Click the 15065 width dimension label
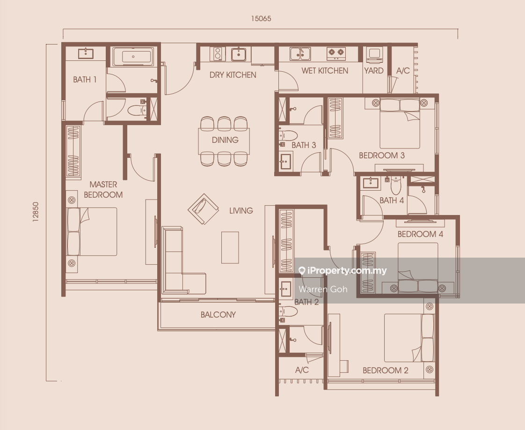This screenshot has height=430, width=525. tap(261, 18)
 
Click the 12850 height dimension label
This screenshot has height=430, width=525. tap(36, 212)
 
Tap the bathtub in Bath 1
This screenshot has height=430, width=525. tap(133, 57)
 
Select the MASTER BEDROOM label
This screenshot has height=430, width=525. tap(103, 189)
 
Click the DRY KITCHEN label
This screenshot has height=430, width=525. tap(233, 75)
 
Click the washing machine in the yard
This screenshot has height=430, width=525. tap(374, 55)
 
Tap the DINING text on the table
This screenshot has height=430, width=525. tap(225, 140)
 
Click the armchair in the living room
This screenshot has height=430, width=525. tap(203, 209)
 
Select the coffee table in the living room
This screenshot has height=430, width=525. tap(230, 247)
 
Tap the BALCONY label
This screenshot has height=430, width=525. tap(219, 315)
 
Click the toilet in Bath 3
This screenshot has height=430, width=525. tap(288, 135)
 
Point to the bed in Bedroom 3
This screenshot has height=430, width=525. tap(400, 123)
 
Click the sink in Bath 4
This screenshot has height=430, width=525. tap(370, 183)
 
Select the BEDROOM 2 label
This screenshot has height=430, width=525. tap(386, 371)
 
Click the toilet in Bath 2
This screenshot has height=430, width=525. tap(288, 311)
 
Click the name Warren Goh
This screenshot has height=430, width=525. tap(323, 289)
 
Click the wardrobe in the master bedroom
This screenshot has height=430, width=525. tap(73, 151)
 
